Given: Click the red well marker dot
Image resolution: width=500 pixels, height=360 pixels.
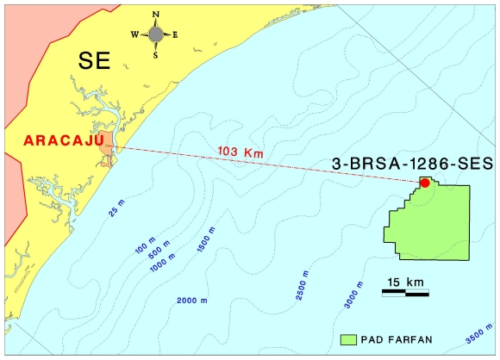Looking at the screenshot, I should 425,183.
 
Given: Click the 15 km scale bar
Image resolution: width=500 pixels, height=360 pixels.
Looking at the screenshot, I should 405,294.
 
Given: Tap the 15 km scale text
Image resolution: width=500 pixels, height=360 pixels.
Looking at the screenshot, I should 405,282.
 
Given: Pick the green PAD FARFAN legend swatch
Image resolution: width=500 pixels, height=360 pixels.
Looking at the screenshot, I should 349,339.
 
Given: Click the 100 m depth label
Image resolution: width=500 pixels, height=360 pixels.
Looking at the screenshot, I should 143,245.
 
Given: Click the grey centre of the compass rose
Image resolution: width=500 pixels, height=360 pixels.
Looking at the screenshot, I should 155,34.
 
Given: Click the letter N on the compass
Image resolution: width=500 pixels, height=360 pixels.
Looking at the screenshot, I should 156,15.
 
